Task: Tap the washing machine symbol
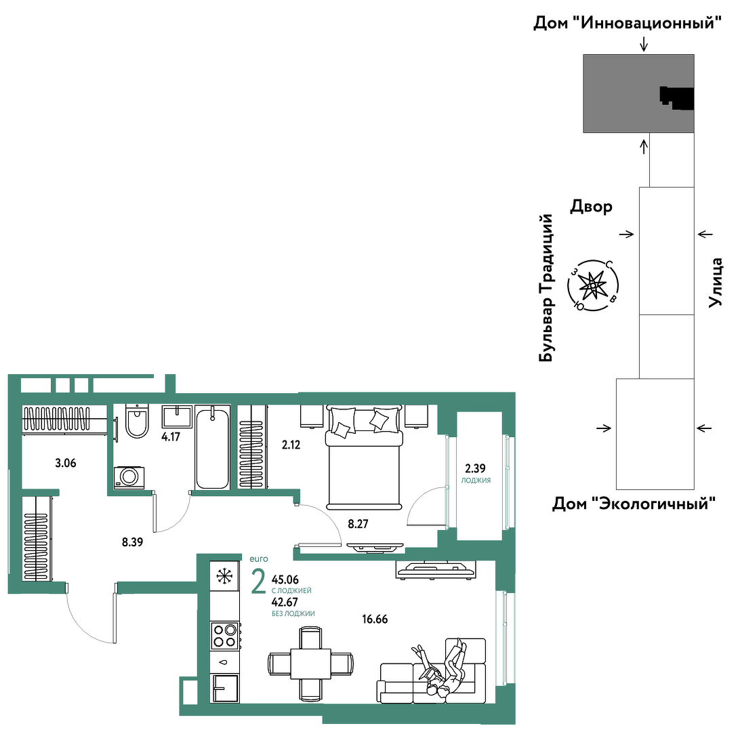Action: coord(129,477)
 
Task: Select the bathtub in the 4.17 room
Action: coord(212,447)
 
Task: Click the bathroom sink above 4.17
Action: coord(177,416)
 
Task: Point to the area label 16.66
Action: coord(375,619)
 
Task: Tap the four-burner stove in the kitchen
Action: coord(226,636)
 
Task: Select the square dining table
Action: coord(310,664)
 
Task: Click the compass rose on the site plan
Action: coord(593,285)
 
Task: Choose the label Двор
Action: coord(592,206)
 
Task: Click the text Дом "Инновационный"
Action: coord(628,22)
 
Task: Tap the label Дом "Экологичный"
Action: coord(634,504)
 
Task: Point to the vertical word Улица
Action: coord(716,282)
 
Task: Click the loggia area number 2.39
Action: coord(475,468)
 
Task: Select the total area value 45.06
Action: coord(285,579)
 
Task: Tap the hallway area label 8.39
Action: coord(132,542)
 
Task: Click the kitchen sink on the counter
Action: coord(225,662)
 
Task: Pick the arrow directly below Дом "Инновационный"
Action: coord(644,44)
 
